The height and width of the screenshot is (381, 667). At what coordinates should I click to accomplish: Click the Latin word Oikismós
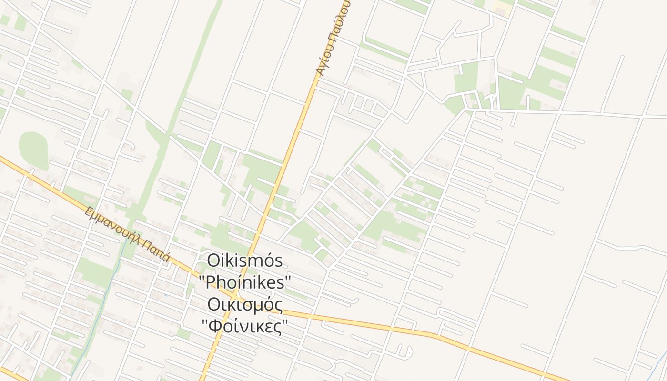[x=245, y=261]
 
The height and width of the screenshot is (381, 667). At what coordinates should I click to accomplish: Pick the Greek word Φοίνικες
[x=245, y=327]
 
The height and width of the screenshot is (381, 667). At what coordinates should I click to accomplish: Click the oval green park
[x=33, y=150]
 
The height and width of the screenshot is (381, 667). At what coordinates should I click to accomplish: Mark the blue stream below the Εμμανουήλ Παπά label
[x=102, y=305]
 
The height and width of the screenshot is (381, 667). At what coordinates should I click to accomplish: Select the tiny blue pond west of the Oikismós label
[x=165, y=295]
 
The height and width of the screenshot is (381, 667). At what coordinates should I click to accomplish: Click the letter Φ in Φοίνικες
[x=213, y=327]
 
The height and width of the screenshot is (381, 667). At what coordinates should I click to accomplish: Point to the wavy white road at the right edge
[x=634, y=248]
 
